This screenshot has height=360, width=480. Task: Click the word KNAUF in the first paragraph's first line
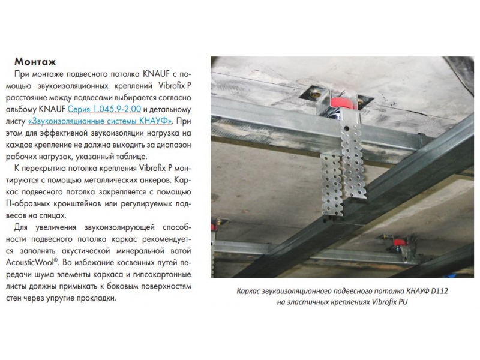click(156, 74)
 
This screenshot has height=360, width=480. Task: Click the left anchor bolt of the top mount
click(316, 94)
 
